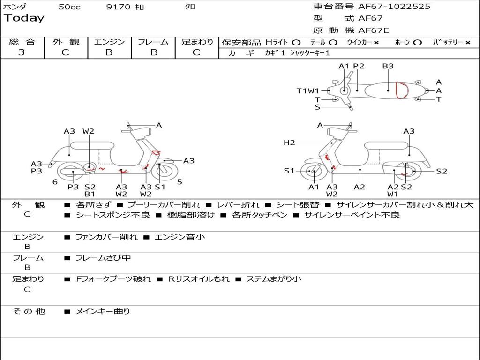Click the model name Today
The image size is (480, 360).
pyautogui.click(x=24, y=18)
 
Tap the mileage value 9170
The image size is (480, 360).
pyautogui.click(x=119, y=7)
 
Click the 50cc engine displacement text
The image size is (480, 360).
pyautogui.click(x=69, y=7)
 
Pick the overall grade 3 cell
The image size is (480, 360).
pyautogui.click(x=22, y=52)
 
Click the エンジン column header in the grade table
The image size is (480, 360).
pyautogui.click(x=109, y=42)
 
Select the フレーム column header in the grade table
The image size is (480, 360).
pyautogui.click(x=153, y=42)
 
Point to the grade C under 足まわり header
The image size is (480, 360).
pyautogui.click(x=196, y=52)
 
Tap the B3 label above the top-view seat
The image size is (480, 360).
pyautogui.click(x=388, y=66)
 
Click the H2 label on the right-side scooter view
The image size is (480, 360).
pyautogui.click(x=289, y=142)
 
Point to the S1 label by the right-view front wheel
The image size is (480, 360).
pyautogui.click(x=289, y=171)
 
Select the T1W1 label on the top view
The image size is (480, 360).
pyautogui.click(x=307, y=91)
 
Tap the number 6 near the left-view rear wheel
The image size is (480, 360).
pyautogui.click(x=55, y=182)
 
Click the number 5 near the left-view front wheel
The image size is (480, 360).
pyautogui.click(x=180, y=182)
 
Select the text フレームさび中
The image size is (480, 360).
pyautogui.click(x=103, y=258)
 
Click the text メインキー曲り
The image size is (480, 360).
pyautogui.click(x=103, y=311)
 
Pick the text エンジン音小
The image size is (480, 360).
pyautogui.click(x=180, y=237)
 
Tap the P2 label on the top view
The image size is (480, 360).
pyautogui.click(x=359, y=66)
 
